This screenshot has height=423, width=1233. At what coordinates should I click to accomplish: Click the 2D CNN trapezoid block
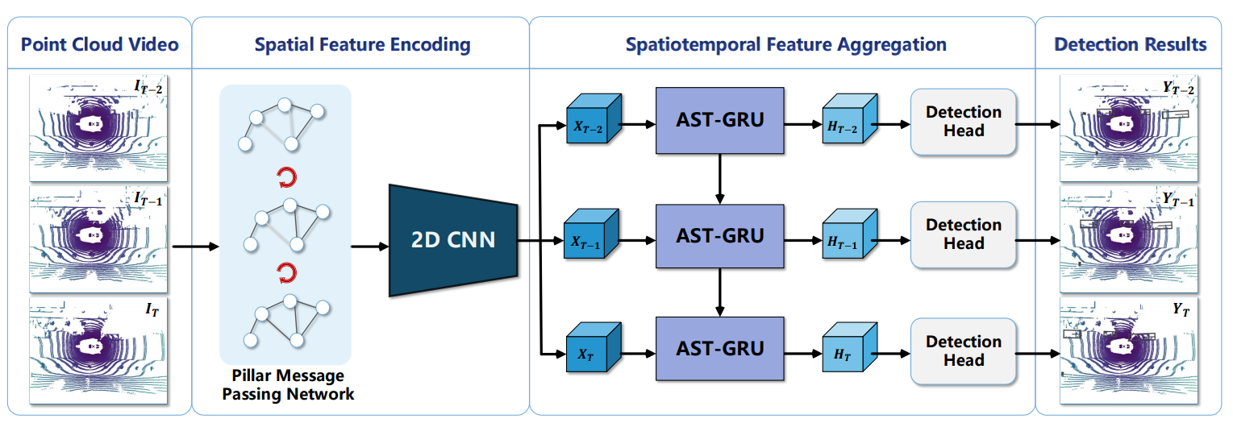(x=453, y=240)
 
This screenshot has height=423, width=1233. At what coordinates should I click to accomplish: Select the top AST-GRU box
(x=719, y=121)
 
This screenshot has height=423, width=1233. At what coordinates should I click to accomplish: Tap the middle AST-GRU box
(x=719, y=236)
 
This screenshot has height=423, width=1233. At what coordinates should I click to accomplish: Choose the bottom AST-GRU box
(x=719, y=349)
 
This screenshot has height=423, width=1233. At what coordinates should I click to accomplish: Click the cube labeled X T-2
(x=594, y=118)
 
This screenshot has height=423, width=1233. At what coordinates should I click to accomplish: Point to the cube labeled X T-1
(x=591, y=234)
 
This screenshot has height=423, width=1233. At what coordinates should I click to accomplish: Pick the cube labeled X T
(x=594, y=347)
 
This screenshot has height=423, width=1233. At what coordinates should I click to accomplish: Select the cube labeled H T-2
(x=849, y=118)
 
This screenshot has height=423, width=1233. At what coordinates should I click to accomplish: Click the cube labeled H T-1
(x=849, y=234)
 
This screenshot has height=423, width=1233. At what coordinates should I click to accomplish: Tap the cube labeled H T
(x=849, y=347)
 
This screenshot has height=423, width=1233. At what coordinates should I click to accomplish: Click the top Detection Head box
(x=964, y=122)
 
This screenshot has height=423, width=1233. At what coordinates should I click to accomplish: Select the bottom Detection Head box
(x=964, y=351)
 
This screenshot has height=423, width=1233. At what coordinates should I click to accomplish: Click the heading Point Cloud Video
(x=100, y=44)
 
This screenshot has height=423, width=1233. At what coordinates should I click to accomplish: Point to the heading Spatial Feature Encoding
(x=362, y=44)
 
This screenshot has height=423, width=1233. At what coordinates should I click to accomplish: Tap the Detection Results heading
(x=1130, y=44)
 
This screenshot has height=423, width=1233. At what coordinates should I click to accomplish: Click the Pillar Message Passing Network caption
(x=288, y=384)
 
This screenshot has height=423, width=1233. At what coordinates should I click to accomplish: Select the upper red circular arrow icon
(x=287, y=178)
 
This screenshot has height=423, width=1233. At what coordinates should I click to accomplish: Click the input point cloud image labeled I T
(x=98, y=351)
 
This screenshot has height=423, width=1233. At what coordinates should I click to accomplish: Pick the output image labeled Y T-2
(x=1128, y=128)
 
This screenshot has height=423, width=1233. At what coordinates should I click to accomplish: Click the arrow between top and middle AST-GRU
(x=719, y=180)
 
